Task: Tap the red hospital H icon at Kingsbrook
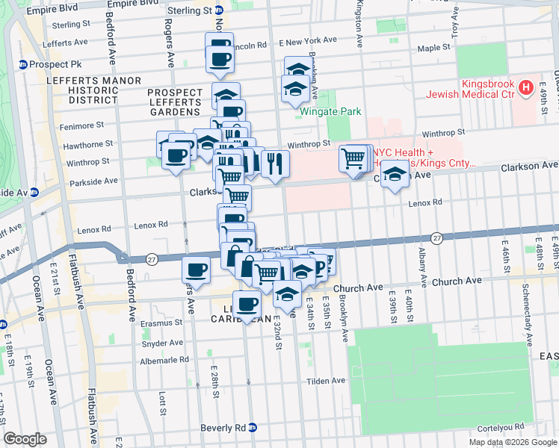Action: click(x=526, y=88)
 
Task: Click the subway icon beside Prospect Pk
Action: click(x=23, y=64)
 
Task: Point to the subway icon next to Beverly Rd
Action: click(x=253, y=428)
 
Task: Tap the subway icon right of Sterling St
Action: click(x=218, y=11)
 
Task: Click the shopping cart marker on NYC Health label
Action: click(x=353, y=157)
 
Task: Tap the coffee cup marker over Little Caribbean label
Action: click(x=247, y=303)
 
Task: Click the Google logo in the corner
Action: click(x=25, y=439)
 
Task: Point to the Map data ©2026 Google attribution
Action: click(x=512, y=442)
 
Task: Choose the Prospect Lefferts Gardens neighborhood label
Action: click(x=175, y=102)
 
